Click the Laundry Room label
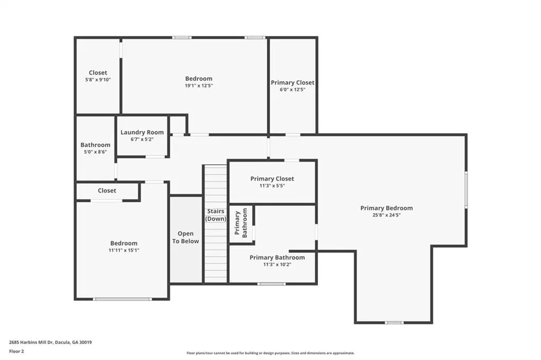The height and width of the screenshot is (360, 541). click(x=142, y=132)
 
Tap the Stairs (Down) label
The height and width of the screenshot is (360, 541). click(x=216, y=215)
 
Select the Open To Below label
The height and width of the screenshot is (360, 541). click(x=185, y=237)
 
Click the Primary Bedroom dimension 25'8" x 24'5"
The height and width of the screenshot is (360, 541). click(x=386, y=215)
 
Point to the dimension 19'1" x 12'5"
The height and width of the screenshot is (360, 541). click(x=199, y=86)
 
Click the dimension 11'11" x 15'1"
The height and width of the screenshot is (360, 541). click(x=124, y=250)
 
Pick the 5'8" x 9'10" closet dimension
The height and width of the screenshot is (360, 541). click(x=98, y=80)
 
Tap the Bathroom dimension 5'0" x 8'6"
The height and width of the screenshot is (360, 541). click(x=95, y=151)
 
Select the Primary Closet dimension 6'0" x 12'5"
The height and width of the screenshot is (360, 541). click(x=293, y=90)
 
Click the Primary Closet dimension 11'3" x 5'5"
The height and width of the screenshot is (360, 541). click(x=272, y=185)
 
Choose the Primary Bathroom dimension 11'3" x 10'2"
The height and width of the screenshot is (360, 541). click(x=277, y=264)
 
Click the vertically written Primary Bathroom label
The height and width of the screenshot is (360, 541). click(x=241, y=223)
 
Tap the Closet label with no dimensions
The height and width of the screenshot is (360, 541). click(x=107, y=191)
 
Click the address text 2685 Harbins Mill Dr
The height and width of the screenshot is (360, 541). click(x=31, y=343)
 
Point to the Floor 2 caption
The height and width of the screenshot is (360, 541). click(x=16, y=352)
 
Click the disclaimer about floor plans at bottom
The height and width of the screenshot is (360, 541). click(x=270, y=353)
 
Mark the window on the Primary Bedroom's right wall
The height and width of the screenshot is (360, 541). click(x=466, y=190)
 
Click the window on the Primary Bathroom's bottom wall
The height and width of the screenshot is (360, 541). click(x=272, y=284)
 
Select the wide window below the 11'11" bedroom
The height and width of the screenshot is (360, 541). click(x=123, y=299)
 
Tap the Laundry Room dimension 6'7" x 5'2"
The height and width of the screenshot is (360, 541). click(x=142, y=139)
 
